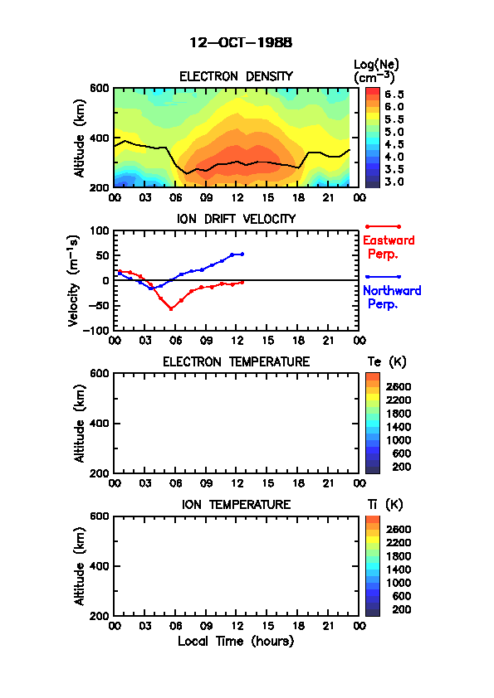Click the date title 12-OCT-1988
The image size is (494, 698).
(x=241, y=42)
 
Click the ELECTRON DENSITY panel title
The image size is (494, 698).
(x=236, y=76)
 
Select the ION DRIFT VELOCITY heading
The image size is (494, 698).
(x=237, y=219)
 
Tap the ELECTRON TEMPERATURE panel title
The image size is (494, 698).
(x=236, y=361)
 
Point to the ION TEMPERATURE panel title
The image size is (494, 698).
(x=236, y=504)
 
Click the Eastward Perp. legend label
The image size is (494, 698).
(x=389, y=247)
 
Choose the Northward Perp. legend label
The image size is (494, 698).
(x=392, y=298)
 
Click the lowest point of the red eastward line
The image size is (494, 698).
(x=171, y=309)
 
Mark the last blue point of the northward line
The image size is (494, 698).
(x=242, y=254)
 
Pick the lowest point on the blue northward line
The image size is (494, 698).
(x=151, y=288)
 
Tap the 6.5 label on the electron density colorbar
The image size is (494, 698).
(x=394, y=95)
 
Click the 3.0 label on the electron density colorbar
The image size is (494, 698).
(x=394, y=182)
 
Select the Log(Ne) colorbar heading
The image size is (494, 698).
(x=376, y=71)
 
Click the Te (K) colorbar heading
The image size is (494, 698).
(x=387, y=362)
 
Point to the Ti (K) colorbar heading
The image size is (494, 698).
(x=385, y=504)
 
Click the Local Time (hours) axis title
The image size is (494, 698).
(x=236, y=642)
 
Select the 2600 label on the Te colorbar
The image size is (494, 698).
(x=399, y=387)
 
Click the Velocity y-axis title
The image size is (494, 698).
(x=73, y=280)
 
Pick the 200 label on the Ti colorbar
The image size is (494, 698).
(x=401, y=609)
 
